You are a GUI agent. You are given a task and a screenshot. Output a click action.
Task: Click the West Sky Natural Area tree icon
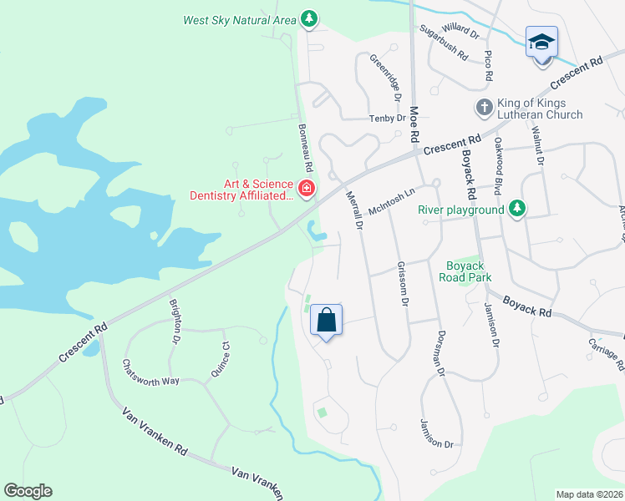tap(310, 18)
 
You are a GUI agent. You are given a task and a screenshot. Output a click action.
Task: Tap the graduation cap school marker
tap(541, 41)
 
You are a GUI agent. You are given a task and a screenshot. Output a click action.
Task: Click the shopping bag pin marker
tap(326, 321)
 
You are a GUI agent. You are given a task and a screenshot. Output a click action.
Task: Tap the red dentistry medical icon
tap(307, 189)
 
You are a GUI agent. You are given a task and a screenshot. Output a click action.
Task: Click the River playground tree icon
tap(517, 208)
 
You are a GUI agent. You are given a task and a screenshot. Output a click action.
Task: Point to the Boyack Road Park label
tap(465, 271)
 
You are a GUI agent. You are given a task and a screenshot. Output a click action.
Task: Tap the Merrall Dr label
tap(354, 210)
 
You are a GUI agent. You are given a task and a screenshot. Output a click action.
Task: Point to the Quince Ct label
tap(220, 359)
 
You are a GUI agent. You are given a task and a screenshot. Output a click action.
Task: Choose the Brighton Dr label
tap(175, 321)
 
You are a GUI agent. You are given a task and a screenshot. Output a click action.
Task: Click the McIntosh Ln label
tap(391, 203)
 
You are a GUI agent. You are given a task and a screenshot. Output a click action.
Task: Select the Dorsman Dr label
tap(440, 352)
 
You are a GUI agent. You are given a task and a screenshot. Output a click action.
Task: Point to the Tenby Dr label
tap(388, 119)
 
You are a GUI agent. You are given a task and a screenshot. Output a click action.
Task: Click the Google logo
tap(28, 491)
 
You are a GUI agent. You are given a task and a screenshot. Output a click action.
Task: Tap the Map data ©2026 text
tap(589, 494)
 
